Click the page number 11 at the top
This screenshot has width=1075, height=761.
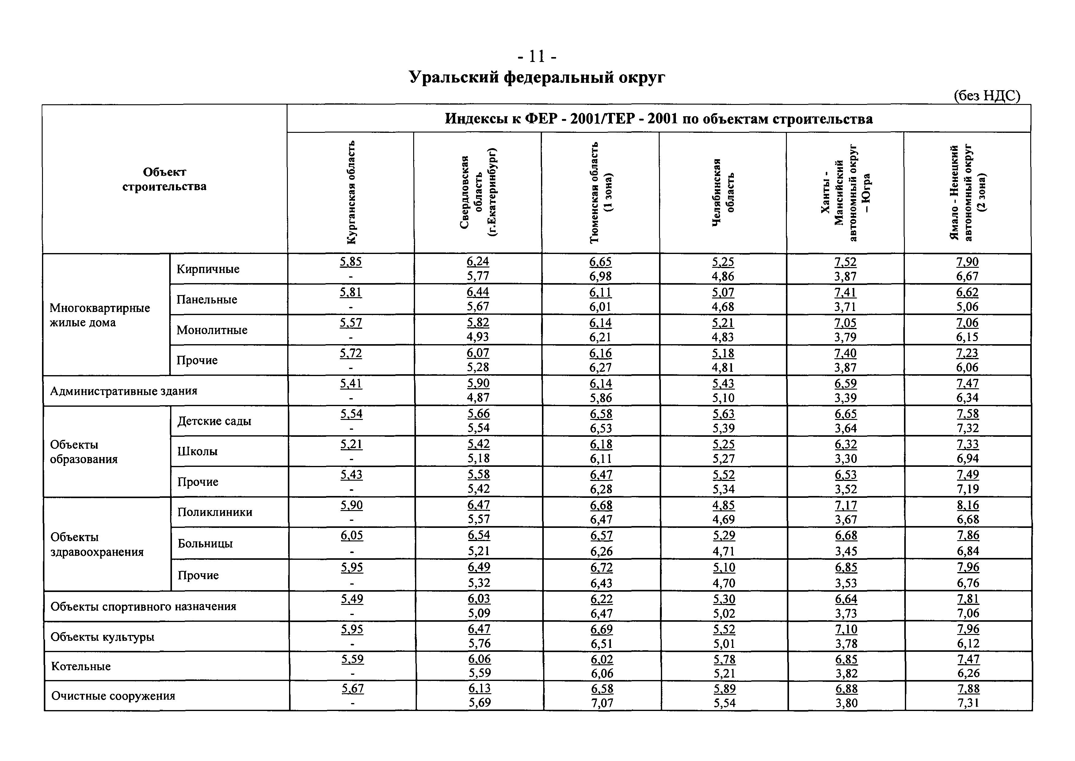point(537,57)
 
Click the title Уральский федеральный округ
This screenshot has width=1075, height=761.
point(537,77)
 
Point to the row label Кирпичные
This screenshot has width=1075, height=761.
point(208,269)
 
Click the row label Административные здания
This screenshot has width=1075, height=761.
point(124,391)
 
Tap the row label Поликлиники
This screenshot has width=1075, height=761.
point(215,512)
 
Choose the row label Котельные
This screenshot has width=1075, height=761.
point(81,666)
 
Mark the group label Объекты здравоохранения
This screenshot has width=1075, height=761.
point(97,544)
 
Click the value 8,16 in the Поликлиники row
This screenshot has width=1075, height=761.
point(968,505)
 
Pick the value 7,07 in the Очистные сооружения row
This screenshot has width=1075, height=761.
point(602,703)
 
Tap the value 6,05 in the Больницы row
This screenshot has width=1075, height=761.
point(352,536)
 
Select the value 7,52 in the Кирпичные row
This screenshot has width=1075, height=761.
point(845,262)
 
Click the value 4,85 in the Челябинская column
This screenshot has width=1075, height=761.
point(723,505)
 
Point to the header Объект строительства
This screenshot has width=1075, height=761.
point(164,179)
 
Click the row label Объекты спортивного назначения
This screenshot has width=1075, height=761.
point(143,607)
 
